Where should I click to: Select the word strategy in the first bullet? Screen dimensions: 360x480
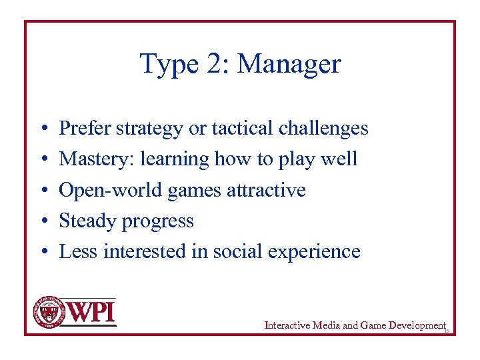click(x=154, y=129)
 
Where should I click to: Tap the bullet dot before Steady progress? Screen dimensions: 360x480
click(x=42, y=221)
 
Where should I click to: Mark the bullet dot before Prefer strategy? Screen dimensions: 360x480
click(x=42, y=129)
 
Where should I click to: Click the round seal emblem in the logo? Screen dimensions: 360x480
click(x=46, y=311)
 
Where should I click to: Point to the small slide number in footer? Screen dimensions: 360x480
click(x=447, y=331)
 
